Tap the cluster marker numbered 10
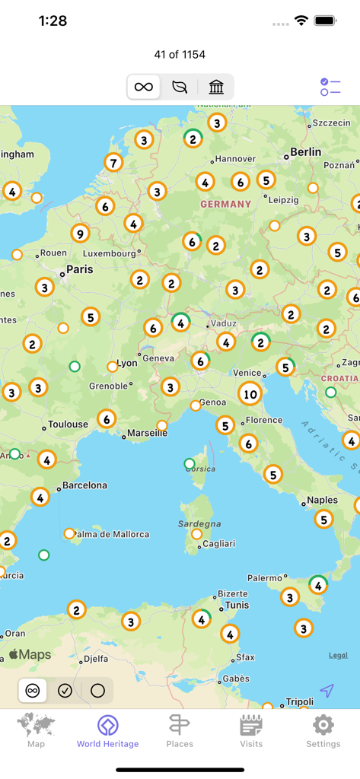click(250, 393)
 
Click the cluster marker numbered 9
click(80, 234)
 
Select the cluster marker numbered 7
click(113, 162)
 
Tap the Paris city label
click(79, 269)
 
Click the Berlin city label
click(305, 152)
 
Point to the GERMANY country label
click(225, 204)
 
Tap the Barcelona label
click(84, 485)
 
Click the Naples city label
click(322, 501)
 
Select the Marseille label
click(148, 433)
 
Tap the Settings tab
click(323, 731)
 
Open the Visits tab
click(251, 731)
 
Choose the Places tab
click(180, 731)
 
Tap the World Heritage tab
click(107, 731)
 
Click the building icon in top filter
click(216, 87)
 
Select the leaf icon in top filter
click(180, 87)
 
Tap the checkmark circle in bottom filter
click(65, 691)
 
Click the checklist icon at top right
click(330, 87)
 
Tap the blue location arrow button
click(327, 691)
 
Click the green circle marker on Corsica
click(190, 464)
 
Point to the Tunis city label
click(237, 606)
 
